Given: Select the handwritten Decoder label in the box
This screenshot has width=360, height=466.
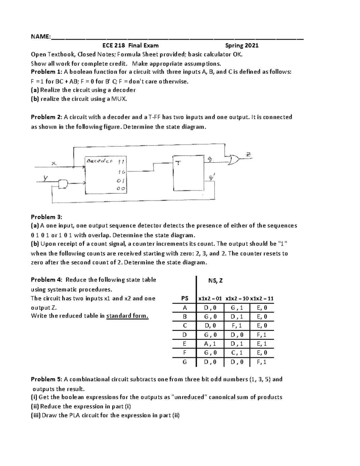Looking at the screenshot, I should [x=99, y=161].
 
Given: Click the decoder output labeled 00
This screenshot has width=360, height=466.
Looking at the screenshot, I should [x=121, y=189].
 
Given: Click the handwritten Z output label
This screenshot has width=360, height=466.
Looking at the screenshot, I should [x=248, y=155].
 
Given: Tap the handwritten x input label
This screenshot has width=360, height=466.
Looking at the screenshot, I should [x=54, y=163].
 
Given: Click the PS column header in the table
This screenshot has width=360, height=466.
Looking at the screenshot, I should [x=185, y=299].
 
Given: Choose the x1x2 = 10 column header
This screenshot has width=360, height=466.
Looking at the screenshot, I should [x=237, y=299].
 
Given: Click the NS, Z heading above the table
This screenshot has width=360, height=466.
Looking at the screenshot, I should [x=215, y=281].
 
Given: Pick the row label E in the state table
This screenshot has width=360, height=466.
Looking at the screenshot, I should [x=185, y=344].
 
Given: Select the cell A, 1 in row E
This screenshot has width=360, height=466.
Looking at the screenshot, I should [x=210, y=344].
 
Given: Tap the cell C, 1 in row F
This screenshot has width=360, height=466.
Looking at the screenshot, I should [x=237, y=353].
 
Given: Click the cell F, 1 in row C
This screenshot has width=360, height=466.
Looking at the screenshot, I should [x=237, y=326].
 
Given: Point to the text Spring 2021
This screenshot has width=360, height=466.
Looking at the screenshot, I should [x=242, y=46].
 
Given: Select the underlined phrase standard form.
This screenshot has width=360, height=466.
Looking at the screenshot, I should [x=127, y=316].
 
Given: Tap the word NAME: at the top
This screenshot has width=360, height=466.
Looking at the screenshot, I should [x=41, y=37].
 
